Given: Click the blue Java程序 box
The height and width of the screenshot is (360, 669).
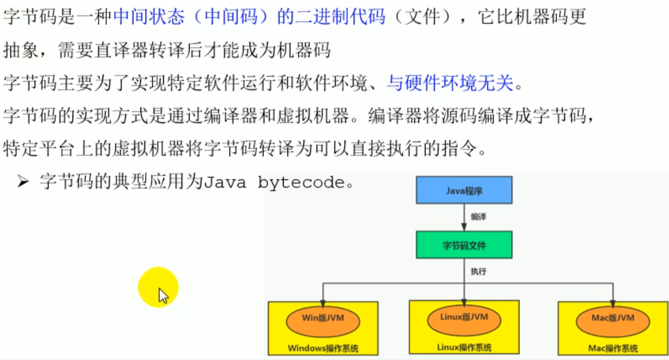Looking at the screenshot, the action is pyautogui.click(x=464, y=190).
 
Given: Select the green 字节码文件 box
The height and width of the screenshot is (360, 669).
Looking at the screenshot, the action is pyautogui.click(x=464, y=245).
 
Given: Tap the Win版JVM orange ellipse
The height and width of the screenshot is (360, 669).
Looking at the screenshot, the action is pyautogui.click(x=323, y=322).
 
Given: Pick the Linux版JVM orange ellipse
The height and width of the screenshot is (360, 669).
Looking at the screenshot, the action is pyautogui.click(x=464, y=320).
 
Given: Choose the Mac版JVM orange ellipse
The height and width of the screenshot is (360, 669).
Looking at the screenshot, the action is pyautogui.click(x=613, y=322).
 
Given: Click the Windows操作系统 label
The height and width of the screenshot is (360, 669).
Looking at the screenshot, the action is pyautogui.click(x=323, y=348).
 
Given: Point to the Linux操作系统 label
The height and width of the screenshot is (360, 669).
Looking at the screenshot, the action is pyautogui.click(x=464, y=347).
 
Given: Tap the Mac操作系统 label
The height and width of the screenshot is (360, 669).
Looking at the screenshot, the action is pyautogui.click(x=613, y=348).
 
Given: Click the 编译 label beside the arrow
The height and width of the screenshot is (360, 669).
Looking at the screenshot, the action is pyautogui.click(x=478, y=217).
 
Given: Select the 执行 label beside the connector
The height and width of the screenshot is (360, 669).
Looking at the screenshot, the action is pyautogui.click(x=478, y=271).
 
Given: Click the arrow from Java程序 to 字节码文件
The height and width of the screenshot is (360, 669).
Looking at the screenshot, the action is pyautogui.click(x=464, y=218).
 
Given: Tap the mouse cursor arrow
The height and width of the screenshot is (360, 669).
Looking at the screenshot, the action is pyautogui.click(x=164, y=296).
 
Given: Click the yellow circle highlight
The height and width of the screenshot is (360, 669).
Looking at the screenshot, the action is pyautogui.click(x=158, y=287).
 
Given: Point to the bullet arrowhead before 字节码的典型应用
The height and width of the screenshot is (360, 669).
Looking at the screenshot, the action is pyautogui.click(x=23, y=181).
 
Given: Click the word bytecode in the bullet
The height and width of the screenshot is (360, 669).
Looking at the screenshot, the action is pyautogui.click(x=301, y=182).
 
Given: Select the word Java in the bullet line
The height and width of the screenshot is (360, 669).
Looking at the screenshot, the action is pyautogui.click(x=225, y=182).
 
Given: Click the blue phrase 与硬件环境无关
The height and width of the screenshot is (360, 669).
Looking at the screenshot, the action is pyautogui.click(x=450, y=83).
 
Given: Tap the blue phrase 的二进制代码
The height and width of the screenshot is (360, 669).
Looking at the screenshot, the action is pyautogui.click(x=331, y=16).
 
